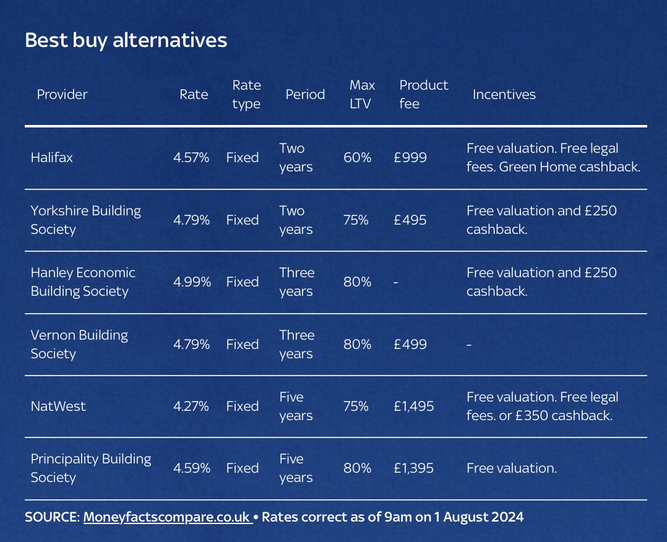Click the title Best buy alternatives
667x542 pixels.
click(126, 40)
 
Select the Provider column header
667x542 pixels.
click(62, 95)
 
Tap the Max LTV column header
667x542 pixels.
click(361, 94)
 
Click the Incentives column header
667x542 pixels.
click(504, 95)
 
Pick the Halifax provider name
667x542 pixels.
click(51, 158)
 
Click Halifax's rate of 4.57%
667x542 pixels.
click(191, 158)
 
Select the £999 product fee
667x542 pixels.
click(410, 158)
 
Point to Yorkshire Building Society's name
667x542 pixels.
click(85, 220)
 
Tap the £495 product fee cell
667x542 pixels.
click(410, 220)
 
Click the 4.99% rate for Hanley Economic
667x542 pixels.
click(192, 282)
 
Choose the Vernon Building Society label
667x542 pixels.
click(79, 344)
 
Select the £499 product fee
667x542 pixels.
click(410, 344)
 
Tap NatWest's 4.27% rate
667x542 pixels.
click(191, 406)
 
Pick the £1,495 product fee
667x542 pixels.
click(413, 406)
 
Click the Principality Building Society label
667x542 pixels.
click(90, 468)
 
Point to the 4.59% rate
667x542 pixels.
click(191, 468)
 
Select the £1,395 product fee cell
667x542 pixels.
click(413, 468)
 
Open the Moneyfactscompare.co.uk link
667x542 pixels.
click(166, 517)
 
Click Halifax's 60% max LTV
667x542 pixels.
click(357, 158)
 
